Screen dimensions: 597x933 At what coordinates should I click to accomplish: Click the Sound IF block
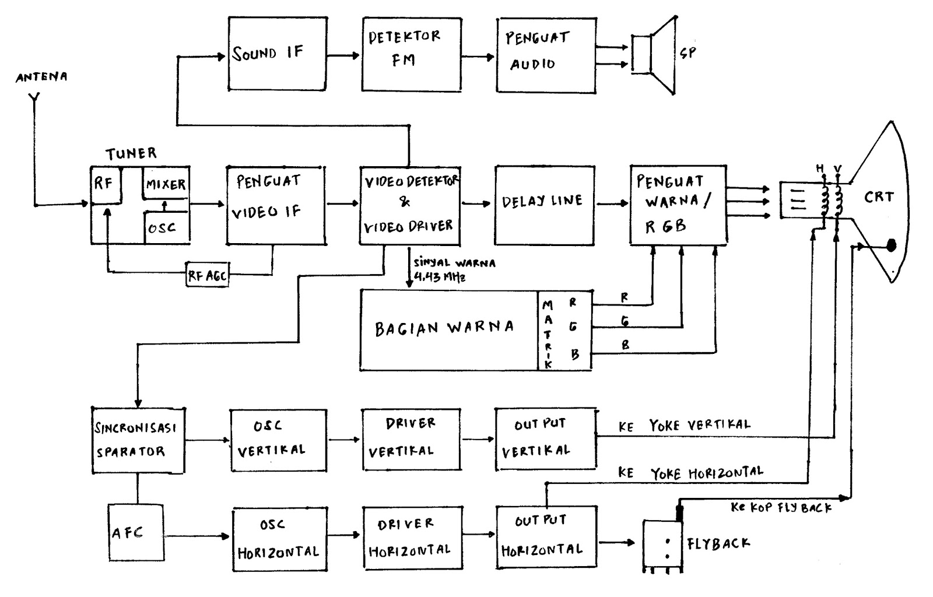276,54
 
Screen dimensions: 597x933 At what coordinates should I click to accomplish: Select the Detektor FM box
411,54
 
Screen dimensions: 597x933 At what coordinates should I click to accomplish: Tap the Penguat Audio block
546,54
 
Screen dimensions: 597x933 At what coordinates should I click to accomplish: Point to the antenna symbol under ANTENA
34,102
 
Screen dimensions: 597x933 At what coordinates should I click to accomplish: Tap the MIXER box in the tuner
166,184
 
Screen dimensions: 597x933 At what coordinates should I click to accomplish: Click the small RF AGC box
207,275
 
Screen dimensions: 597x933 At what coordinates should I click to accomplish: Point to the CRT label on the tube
879,197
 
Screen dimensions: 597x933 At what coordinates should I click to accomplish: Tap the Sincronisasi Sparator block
138,440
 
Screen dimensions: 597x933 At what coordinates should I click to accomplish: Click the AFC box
136,533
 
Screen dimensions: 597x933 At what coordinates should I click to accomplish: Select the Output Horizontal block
546,536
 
